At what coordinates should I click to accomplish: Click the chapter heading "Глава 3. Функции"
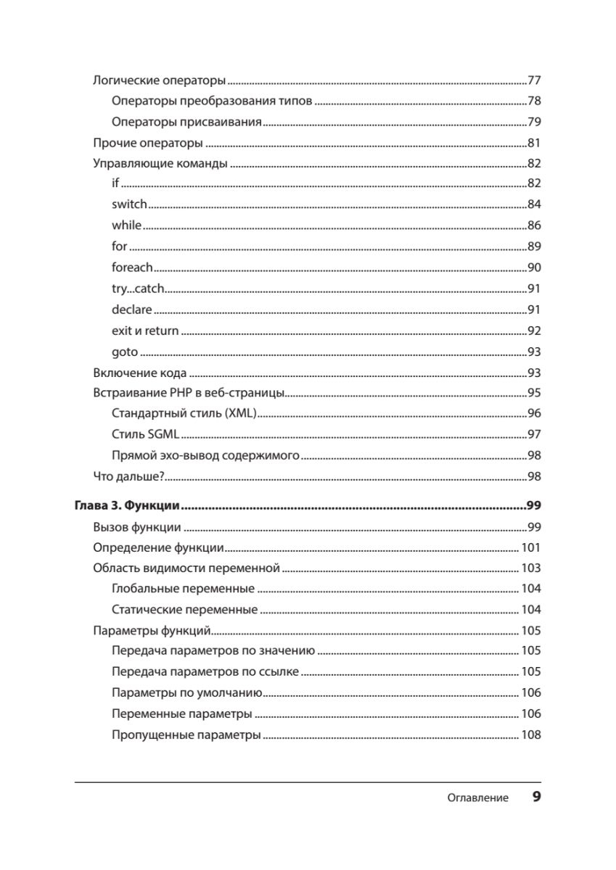point(127,505)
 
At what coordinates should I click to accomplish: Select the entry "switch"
point(129,204)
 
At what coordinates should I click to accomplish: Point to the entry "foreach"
point(132,267)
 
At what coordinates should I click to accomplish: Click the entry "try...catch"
point(139,289)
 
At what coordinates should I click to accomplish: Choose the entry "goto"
point(125,352)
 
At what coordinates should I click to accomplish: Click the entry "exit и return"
point(145,331)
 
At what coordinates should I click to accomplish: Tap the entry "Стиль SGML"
point(145,434)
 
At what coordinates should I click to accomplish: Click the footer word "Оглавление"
point(477,798)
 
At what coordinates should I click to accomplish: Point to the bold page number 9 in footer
point(536,797)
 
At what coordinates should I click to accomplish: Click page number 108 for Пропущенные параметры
point(530,735)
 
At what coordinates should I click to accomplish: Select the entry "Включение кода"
point(140,373)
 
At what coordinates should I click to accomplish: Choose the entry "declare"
point(132,310)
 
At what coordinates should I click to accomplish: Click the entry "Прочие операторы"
point(148,143)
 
